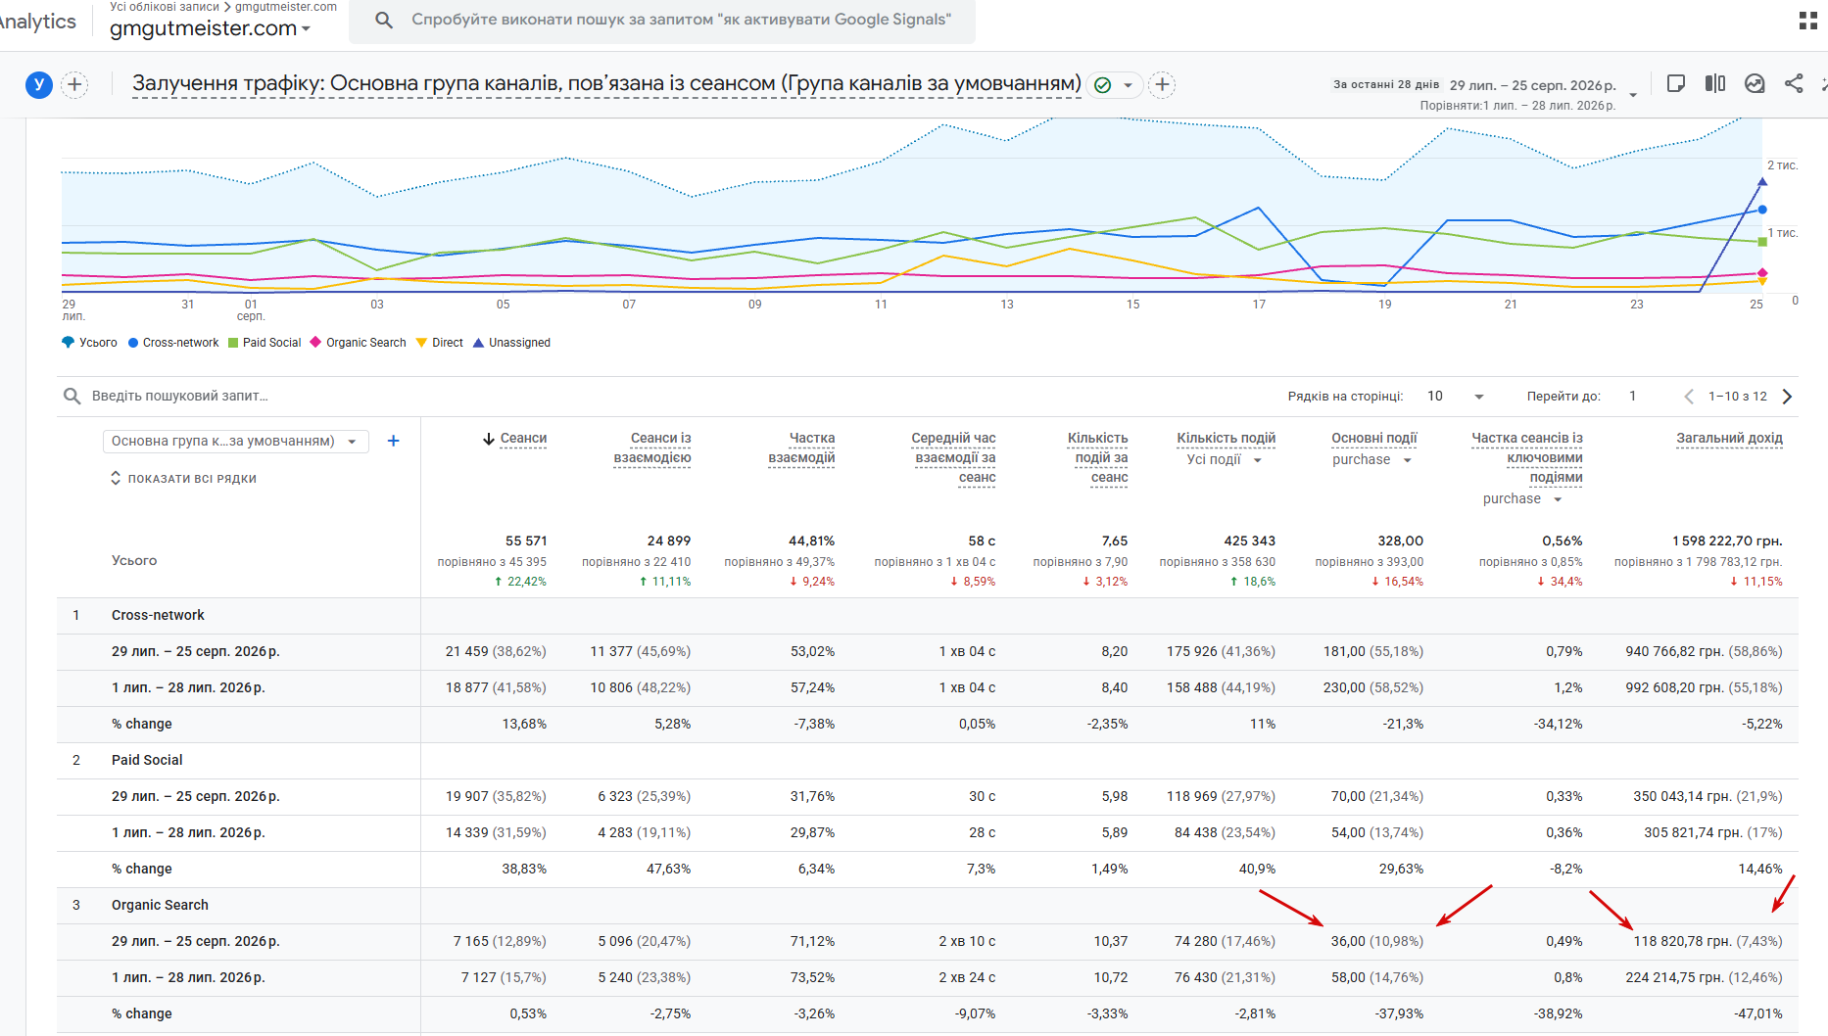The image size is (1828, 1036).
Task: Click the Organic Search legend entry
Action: coord(358,343)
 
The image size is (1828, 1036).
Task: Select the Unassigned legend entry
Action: coord(511,343)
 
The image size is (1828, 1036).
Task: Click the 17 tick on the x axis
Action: coord(1259,305)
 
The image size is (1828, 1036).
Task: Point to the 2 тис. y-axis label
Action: coord(1783,165)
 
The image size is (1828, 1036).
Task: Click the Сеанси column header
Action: coord(515,439)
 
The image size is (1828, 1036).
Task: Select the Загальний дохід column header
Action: coord(1729,439)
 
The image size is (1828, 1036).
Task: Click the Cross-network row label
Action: coord(158,615)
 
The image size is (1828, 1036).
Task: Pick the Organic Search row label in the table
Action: coord(160,905)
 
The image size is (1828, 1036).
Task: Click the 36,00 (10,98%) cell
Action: coord(1376,941)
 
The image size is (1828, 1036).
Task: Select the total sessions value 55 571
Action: coord(526,541)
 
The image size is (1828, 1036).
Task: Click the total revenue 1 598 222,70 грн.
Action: coord(1727,541)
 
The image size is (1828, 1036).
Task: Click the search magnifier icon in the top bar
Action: coord(384,20)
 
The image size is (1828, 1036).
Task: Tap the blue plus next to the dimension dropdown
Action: coord(393,441)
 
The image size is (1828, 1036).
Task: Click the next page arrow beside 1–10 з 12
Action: coord(1787,397)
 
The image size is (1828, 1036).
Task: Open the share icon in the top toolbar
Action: coord(1794,84)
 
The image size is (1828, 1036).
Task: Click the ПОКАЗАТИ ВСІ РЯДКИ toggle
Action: coord(183,479)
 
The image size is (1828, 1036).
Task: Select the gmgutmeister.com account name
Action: coord(203,28)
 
